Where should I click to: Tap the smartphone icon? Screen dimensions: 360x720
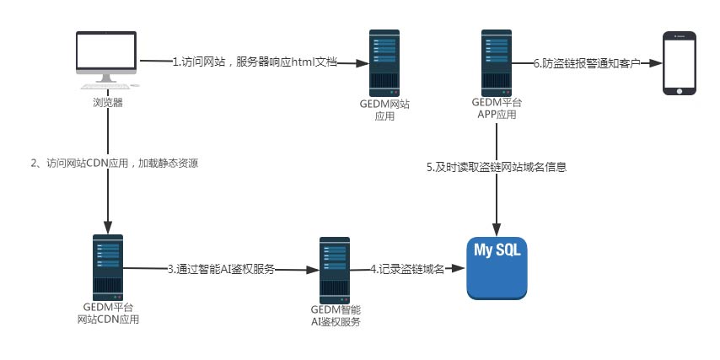pyautogui.click(x=679, y=63)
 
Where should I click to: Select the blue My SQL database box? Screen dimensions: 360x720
pyautogui.click(x=497, y=267)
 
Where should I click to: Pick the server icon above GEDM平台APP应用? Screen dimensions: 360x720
pyautogui.click(x=495, y=62)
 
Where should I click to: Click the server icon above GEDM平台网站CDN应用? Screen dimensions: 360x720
pyautogui.click(x=108, y=267)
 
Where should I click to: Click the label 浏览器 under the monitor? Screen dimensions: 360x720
pyautogui.click(x=107, y=103)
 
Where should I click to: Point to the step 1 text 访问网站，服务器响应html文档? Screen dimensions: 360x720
pyautogui.click(x=254, y=62)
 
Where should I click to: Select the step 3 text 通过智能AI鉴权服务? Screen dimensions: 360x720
pyautogui.click(x=221, y=270)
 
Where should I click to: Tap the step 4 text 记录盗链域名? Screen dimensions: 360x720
pyautogui.click(x=408, y=270)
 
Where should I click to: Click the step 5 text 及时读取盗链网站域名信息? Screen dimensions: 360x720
pyautogui.click(x=496, y=167)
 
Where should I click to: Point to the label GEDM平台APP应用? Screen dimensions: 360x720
pyautogui.click(x=496, y=108)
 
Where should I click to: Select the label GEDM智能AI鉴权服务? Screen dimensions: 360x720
pyautogui.click(x=336, y=315)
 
